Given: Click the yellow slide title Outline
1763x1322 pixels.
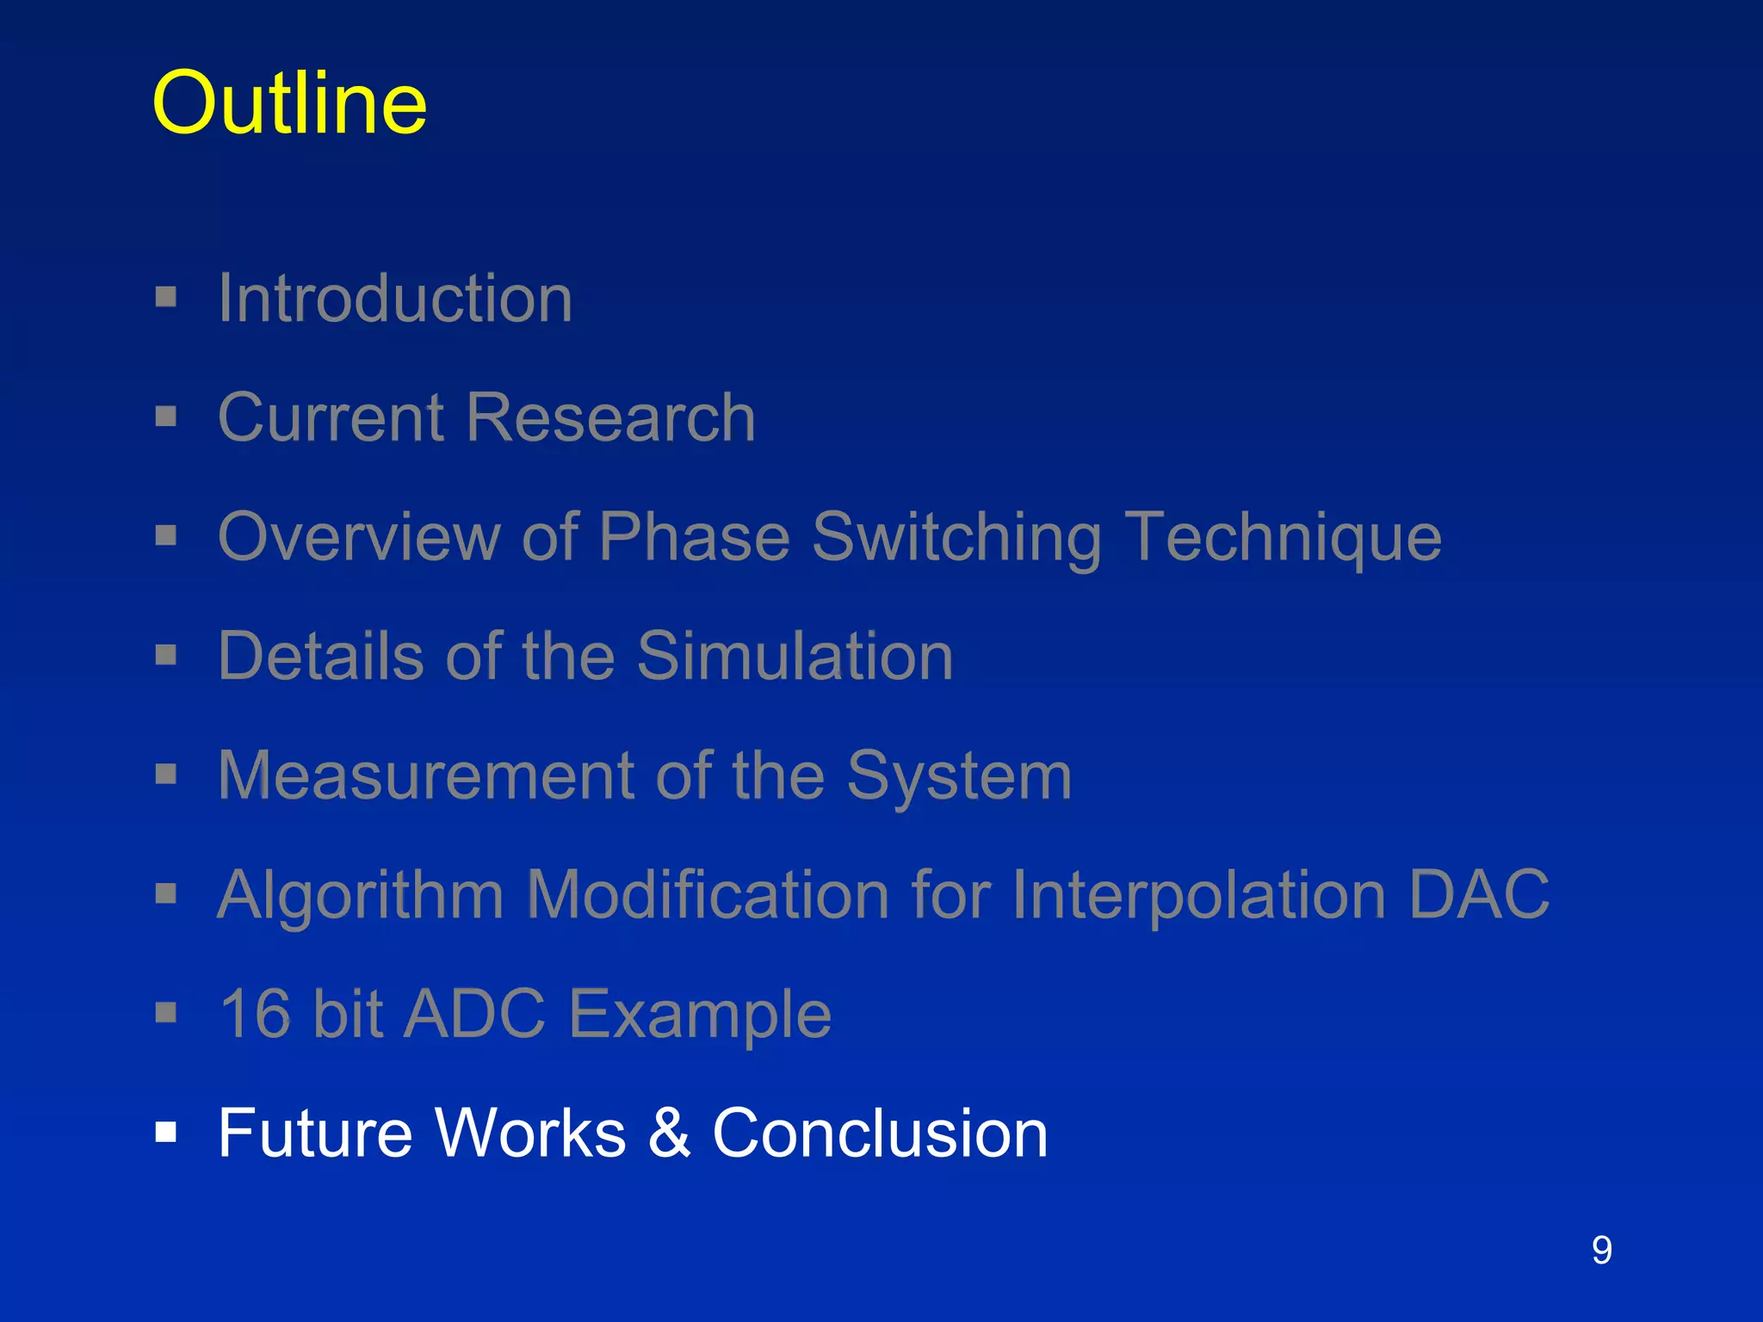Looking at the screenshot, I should [289, 103].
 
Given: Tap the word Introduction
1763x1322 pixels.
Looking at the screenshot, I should [395, 298].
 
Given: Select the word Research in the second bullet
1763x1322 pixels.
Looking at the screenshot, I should [611, 417].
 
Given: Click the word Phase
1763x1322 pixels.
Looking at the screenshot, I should [694, 537].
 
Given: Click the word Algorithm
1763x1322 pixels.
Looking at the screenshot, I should [361, 895].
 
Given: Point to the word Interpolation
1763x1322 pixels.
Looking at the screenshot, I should [1198, 895].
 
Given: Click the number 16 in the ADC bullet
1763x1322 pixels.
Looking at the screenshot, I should [256, 1014].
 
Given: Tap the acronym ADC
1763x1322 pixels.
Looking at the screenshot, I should [474, 1014].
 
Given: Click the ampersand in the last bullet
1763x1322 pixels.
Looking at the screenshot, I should [669, 1133].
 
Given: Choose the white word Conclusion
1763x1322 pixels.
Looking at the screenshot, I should [880, 1133].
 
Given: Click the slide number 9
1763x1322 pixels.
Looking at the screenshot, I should [1601, 1250].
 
